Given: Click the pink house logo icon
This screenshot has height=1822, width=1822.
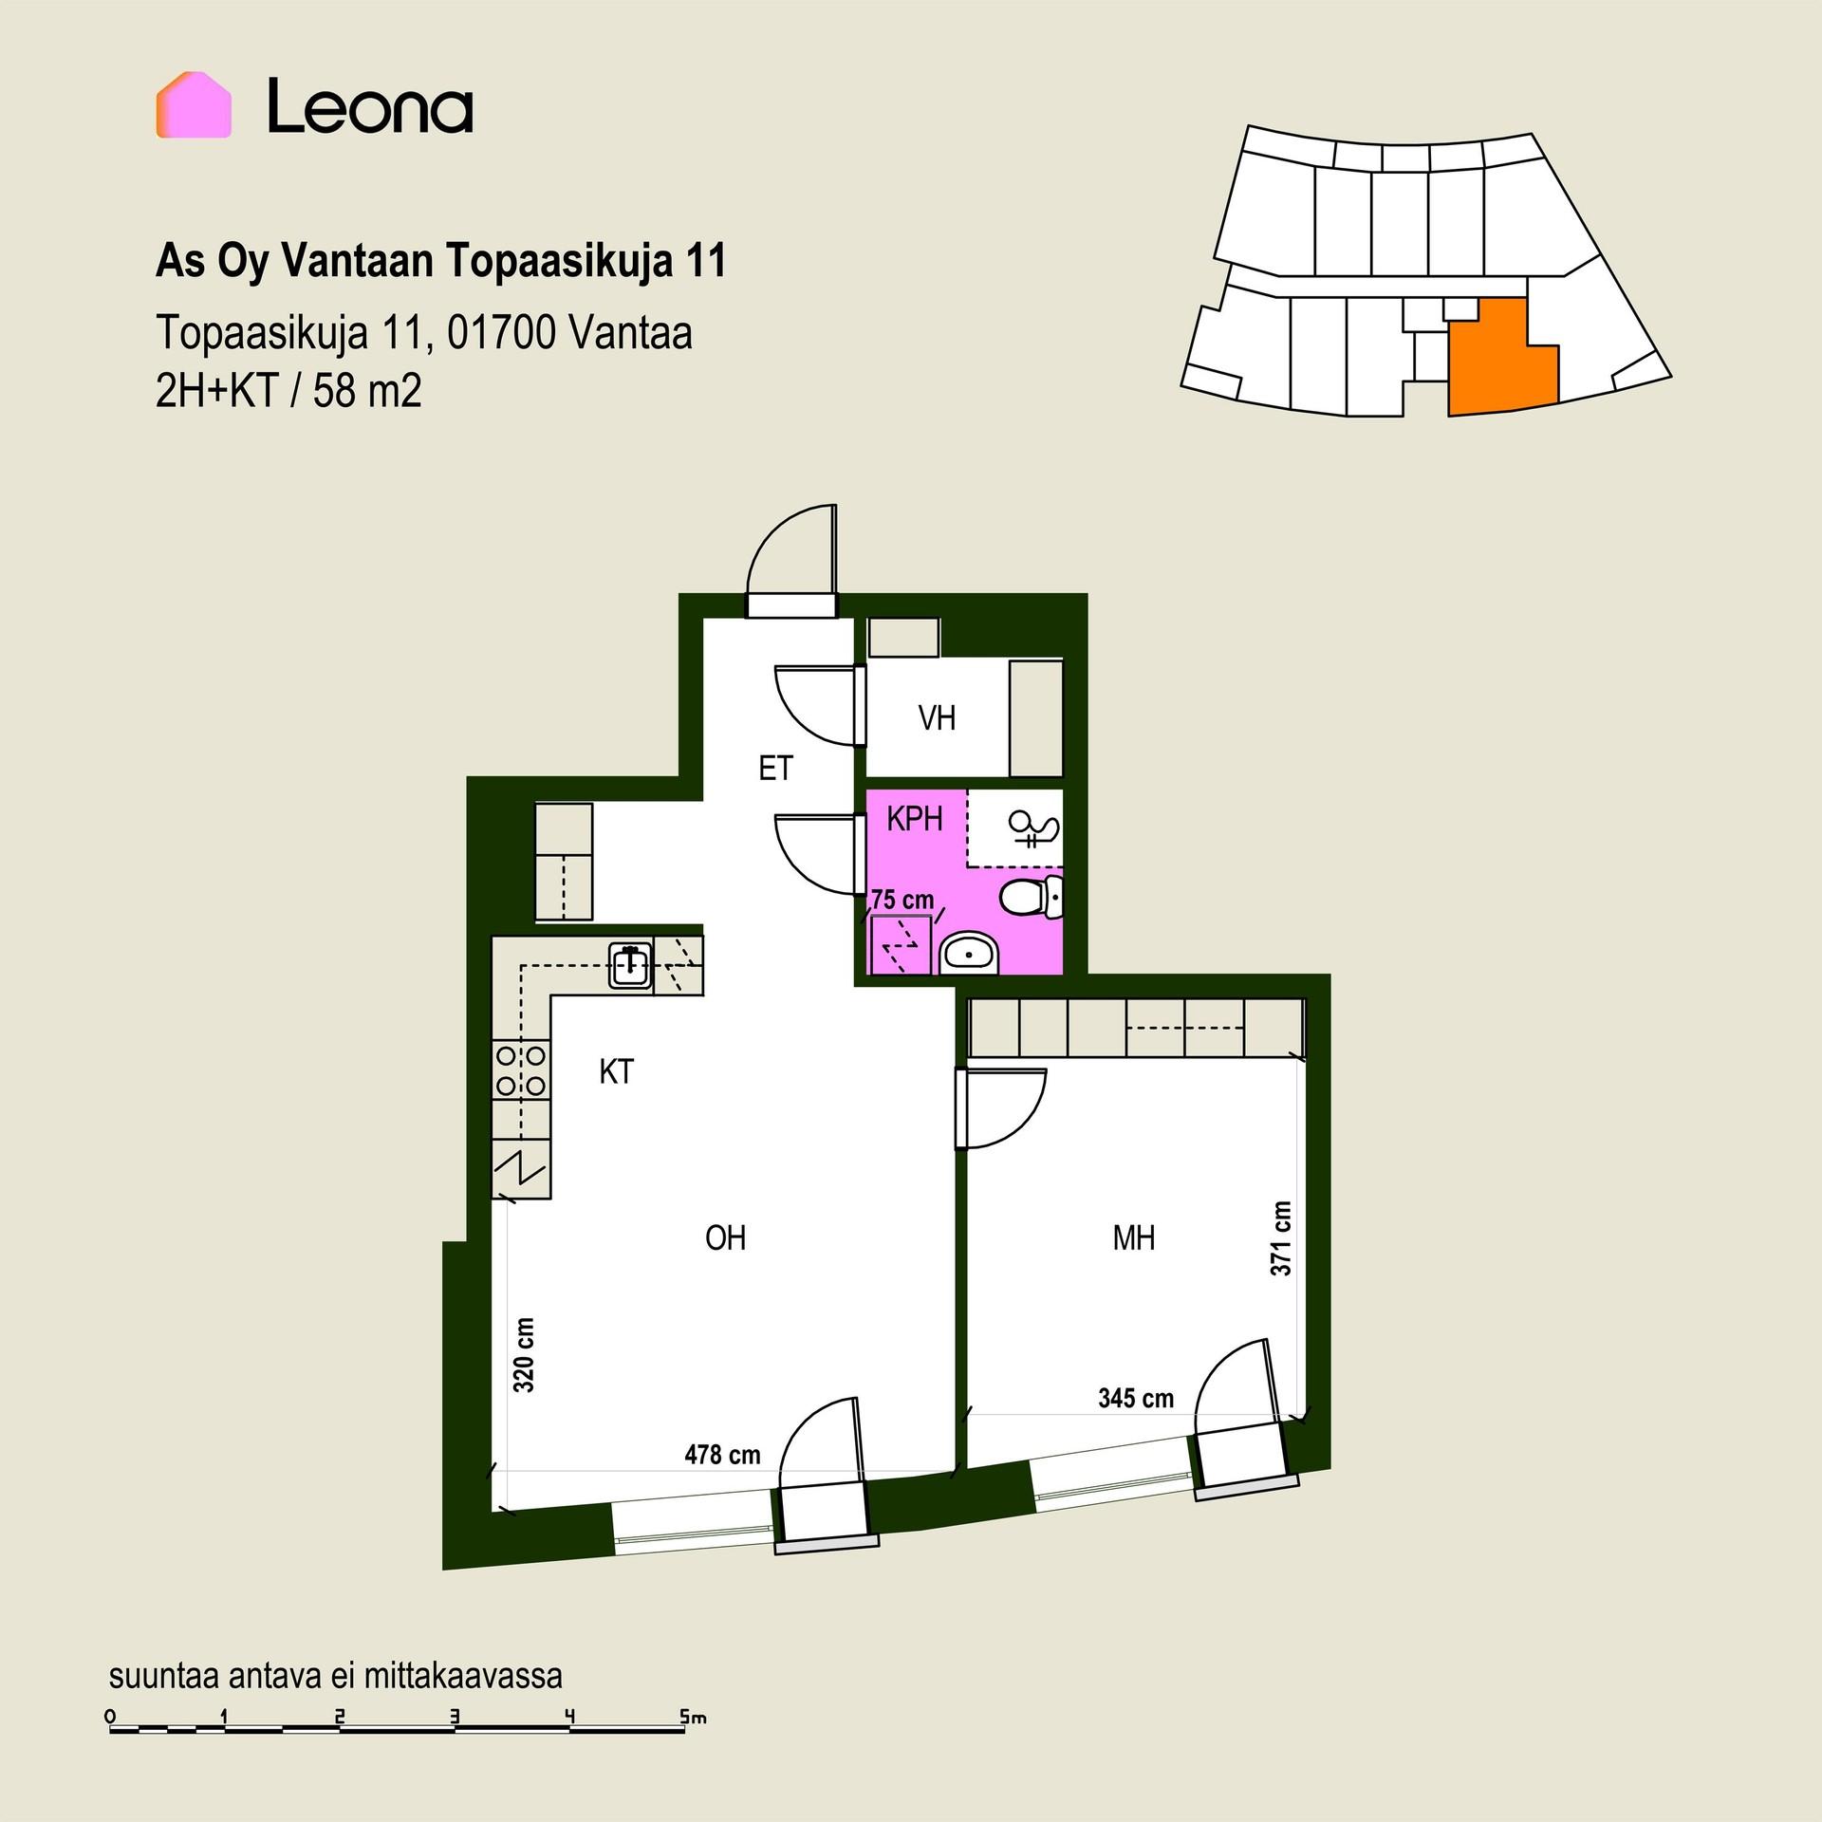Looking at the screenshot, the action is [194, 105].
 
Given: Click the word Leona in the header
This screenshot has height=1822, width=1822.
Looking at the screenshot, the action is [370, 106].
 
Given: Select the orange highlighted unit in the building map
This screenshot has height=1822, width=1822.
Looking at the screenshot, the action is [1501, 357].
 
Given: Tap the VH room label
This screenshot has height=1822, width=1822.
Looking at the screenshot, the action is [937, 718].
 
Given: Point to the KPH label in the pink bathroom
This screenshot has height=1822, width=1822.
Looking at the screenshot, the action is [915, 819].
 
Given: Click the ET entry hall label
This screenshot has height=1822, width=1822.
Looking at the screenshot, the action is [775, 768].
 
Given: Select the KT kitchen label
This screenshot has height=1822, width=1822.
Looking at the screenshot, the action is [616, 1071].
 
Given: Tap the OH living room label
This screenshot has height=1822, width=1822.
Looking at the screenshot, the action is [726, 1237].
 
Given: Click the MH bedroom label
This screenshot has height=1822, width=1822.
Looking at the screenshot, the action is [1134, 1237].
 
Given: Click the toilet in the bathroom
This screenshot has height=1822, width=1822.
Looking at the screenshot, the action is [1031, 897].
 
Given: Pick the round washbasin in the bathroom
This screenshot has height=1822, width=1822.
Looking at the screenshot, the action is [968, 953].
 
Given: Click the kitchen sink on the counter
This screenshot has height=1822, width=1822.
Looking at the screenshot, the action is [630, 965].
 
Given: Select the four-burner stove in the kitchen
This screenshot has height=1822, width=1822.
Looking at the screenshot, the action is [521, 1069].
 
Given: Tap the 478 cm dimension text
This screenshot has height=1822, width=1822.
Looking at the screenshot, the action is [722, 1455].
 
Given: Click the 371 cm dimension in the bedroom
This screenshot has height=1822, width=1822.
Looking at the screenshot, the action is [1281, 1238].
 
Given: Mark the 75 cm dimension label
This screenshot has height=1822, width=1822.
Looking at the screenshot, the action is [902, 900].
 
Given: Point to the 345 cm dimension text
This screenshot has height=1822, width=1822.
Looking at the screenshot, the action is [1136, 1398].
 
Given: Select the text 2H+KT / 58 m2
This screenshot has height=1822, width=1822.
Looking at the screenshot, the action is [288, 390].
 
